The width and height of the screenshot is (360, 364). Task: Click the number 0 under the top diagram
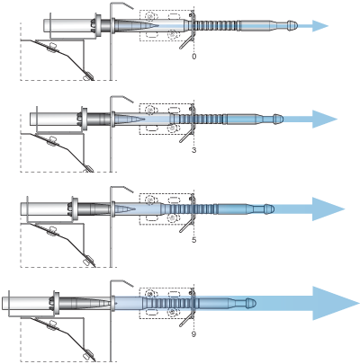click(x=194, y=57)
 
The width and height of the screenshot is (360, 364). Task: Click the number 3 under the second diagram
click(x=193, y=150)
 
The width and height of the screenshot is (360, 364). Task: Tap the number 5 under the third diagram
click(x=193, y=240)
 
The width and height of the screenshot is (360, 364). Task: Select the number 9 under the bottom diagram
click(x=193, y=333)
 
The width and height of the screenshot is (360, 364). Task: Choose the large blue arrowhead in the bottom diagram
click(x=336, y=303)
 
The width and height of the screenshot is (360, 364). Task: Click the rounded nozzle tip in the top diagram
click(x=292, y=25)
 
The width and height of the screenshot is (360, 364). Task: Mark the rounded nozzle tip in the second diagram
click(x=278, y=119)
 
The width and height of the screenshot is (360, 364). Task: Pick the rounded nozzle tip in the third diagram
click(x=269, y=209)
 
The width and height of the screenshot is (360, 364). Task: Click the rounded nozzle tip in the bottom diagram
click(x=250, y=303)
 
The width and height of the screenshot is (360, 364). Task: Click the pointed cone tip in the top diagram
click(x=158, y=25)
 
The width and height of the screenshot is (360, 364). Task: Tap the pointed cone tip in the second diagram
click(x=144, y=119)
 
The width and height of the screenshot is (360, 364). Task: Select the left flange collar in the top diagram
click(x=97, y=25)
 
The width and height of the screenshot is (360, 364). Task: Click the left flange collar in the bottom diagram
click(x=55, y=303)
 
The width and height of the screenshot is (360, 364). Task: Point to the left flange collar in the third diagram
click(x=75, y=209)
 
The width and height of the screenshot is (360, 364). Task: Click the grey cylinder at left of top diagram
click(x=68, y=25)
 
